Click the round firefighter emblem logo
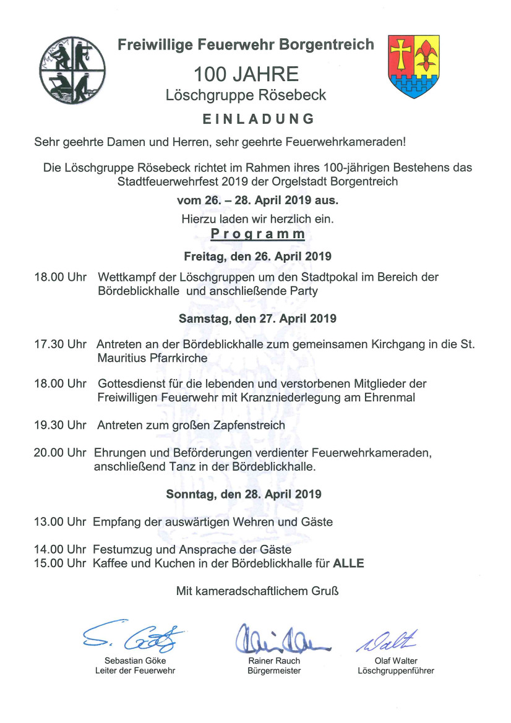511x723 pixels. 72,69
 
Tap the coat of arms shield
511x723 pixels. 413,66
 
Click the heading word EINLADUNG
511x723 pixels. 258,119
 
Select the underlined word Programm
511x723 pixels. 257,234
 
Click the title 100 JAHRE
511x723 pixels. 246,75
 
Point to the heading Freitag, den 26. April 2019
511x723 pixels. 257,256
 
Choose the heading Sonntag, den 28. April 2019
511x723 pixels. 244,494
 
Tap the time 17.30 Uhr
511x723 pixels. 60,343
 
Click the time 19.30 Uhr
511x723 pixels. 60,425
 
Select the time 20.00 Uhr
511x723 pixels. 60,453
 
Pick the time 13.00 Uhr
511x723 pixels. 60,522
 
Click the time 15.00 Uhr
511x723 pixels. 60,563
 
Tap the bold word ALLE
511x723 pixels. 349,563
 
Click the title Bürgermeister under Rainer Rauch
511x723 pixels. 274,670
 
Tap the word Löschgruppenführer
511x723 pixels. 396,670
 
